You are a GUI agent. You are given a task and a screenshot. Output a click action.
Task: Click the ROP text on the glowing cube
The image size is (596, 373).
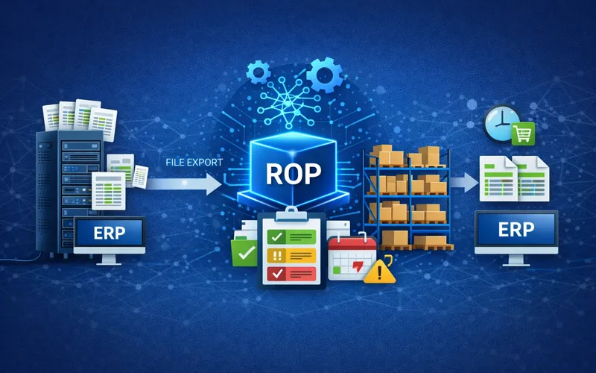click(x=293, y=174)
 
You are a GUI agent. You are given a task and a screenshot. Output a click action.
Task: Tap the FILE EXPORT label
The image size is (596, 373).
click(x=194, y=162)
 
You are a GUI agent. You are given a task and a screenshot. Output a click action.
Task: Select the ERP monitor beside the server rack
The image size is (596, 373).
click(x=110, y=239)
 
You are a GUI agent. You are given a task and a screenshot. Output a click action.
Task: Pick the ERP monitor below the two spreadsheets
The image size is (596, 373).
click(x=516, y=236)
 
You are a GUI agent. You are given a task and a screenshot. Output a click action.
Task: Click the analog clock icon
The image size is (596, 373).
click(x=501, y=123)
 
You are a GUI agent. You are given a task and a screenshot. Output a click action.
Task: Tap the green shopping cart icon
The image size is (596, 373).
click(x=523, y=134)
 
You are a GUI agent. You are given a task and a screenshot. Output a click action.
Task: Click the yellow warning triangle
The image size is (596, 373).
click(x=379, y=271)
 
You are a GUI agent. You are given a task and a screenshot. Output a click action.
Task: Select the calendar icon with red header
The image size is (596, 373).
click(x=352, y=257)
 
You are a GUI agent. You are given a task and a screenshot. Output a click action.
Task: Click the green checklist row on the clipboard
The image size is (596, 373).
click(x=291, y=236)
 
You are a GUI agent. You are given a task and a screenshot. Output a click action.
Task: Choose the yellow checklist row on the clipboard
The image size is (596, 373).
click(x=291, y=255)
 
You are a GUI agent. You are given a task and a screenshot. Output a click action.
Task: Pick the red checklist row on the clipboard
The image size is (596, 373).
click(x=291, y=274)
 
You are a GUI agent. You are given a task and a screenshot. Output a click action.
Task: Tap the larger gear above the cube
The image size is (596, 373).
click(x=324, y=75)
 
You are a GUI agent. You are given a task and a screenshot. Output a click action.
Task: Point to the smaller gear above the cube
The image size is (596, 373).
click(x=258, y=72)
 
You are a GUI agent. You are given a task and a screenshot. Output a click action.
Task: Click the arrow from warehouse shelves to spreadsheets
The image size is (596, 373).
click(x=464, y=182)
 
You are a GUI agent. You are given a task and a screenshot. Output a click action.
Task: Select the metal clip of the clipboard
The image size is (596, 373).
click(x=291, y=214)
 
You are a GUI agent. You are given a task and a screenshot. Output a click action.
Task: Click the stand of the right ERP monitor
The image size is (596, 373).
click(x=516, y=260)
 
